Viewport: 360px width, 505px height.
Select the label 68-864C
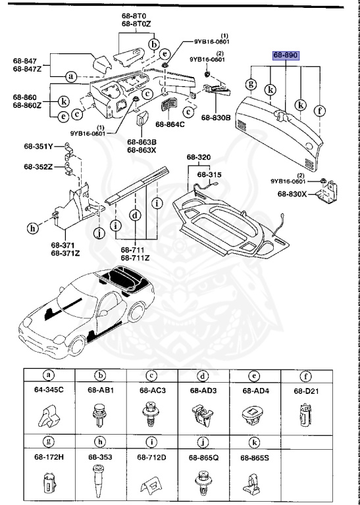(x=170, y=123)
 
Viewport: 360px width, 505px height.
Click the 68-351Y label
(x=39, y=147)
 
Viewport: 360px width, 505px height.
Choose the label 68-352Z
(x=39, y=167)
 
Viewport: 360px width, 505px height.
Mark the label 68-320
(x=198, y=158)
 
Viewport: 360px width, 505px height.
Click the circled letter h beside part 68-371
(x=32, y=228)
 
